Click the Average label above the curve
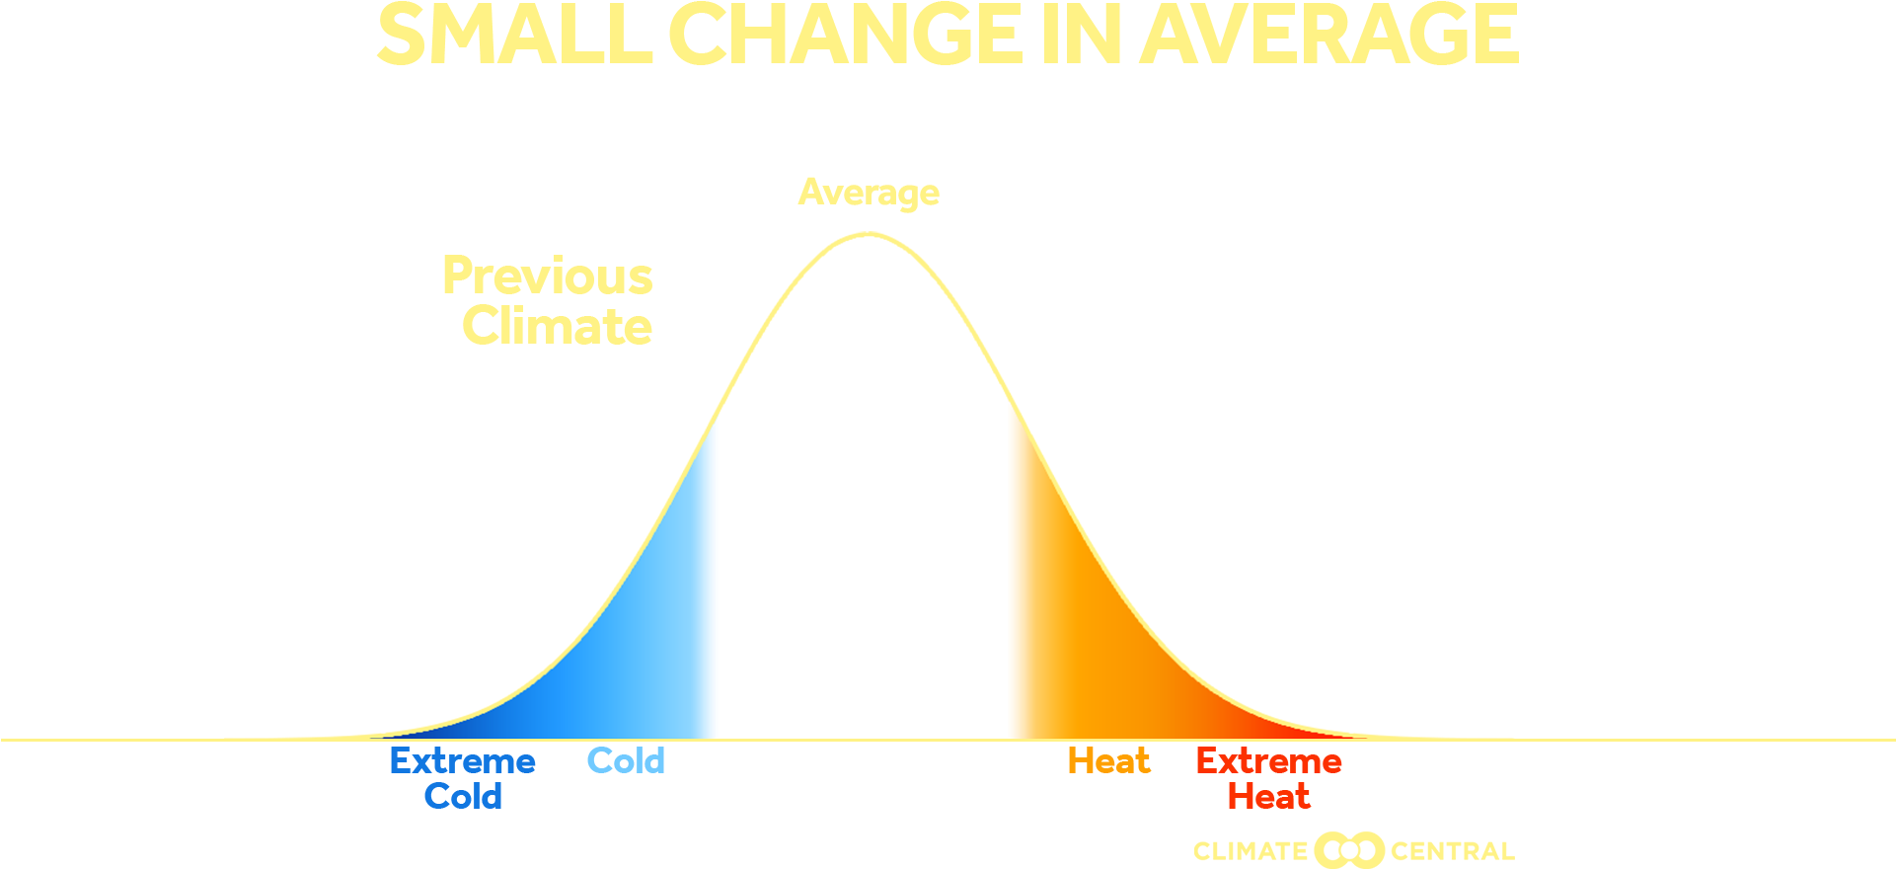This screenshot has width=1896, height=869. tap(869, 193)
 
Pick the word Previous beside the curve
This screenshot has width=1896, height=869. tap(548, 276)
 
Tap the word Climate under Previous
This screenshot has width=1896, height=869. tap(558, 327)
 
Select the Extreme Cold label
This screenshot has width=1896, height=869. tap(463, 778)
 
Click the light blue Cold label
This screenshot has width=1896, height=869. tap(626, 761)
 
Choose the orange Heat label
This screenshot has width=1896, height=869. tap(1109, 761)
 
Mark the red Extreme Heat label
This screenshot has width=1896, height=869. tap(1269, 778)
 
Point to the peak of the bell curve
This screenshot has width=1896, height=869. tap(868, 235)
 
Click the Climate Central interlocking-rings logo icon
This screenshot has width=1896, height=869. tap(1349, 850)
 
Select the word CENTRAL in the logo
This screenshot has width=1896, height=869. tap(1452, 851)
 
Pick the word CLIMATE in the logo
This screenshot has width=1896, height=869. tap(1251, 851)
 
